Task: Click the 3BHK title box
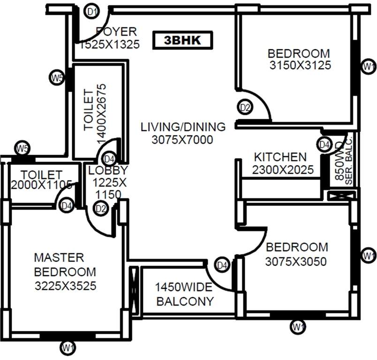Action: coord(182,40)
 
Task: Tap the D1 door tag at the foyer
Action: coord(92,11)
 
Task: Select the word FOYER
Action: coord(116,32)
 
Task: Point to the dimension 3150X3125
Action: coord(300,66)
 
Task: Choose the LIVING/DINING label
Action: coord(183,127)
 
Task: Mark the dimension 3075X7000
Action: coord(183,140)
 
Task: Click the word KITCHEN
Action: coord(280,157)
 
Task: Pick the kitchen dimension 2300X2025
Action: coord(283,170)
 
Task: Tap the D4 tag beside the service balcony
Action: coord(324,145)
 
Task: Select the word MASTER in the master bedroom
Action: coord(59,257)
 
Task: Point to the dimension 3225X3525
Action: coord(65,285)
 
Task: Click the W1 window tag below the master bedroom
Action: coord(68,347)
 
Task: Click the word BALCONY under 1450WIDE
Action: coord(185,301)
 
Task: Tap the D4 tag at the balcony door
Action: coord(222,265)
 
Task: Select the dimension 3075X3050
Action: coord(296,262)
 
